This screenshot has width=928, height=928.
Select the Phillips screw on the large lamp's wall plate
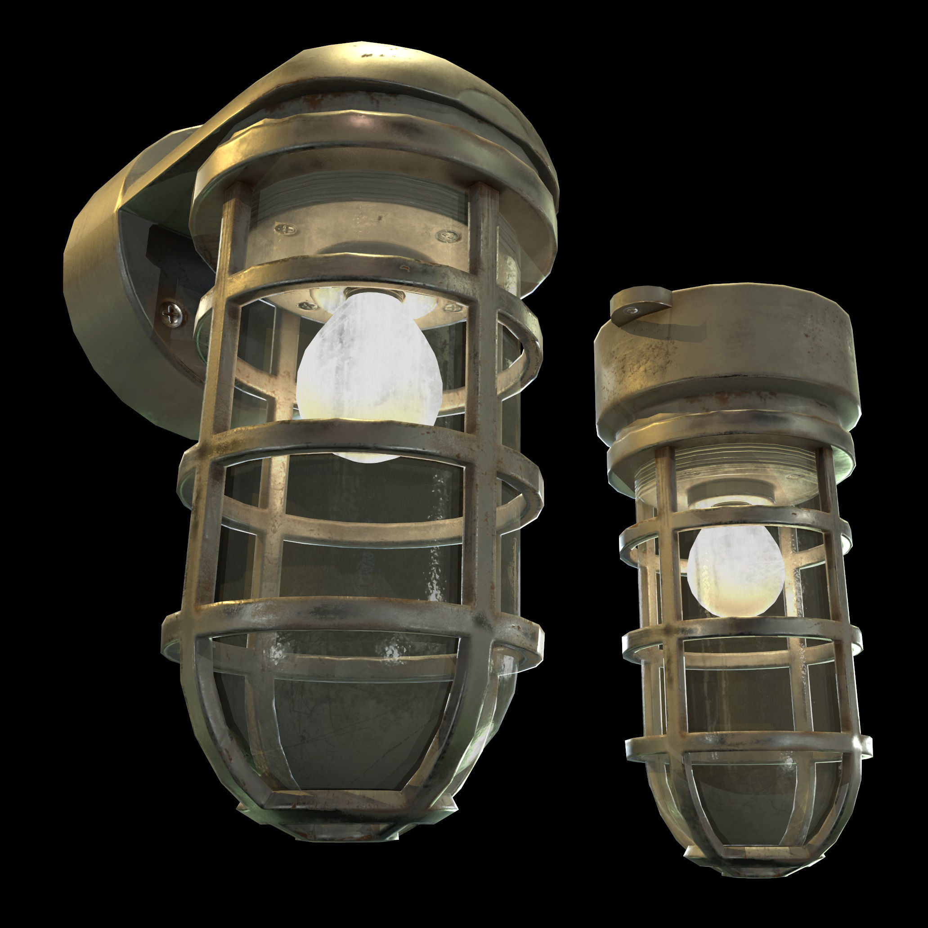click(172, 314)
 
